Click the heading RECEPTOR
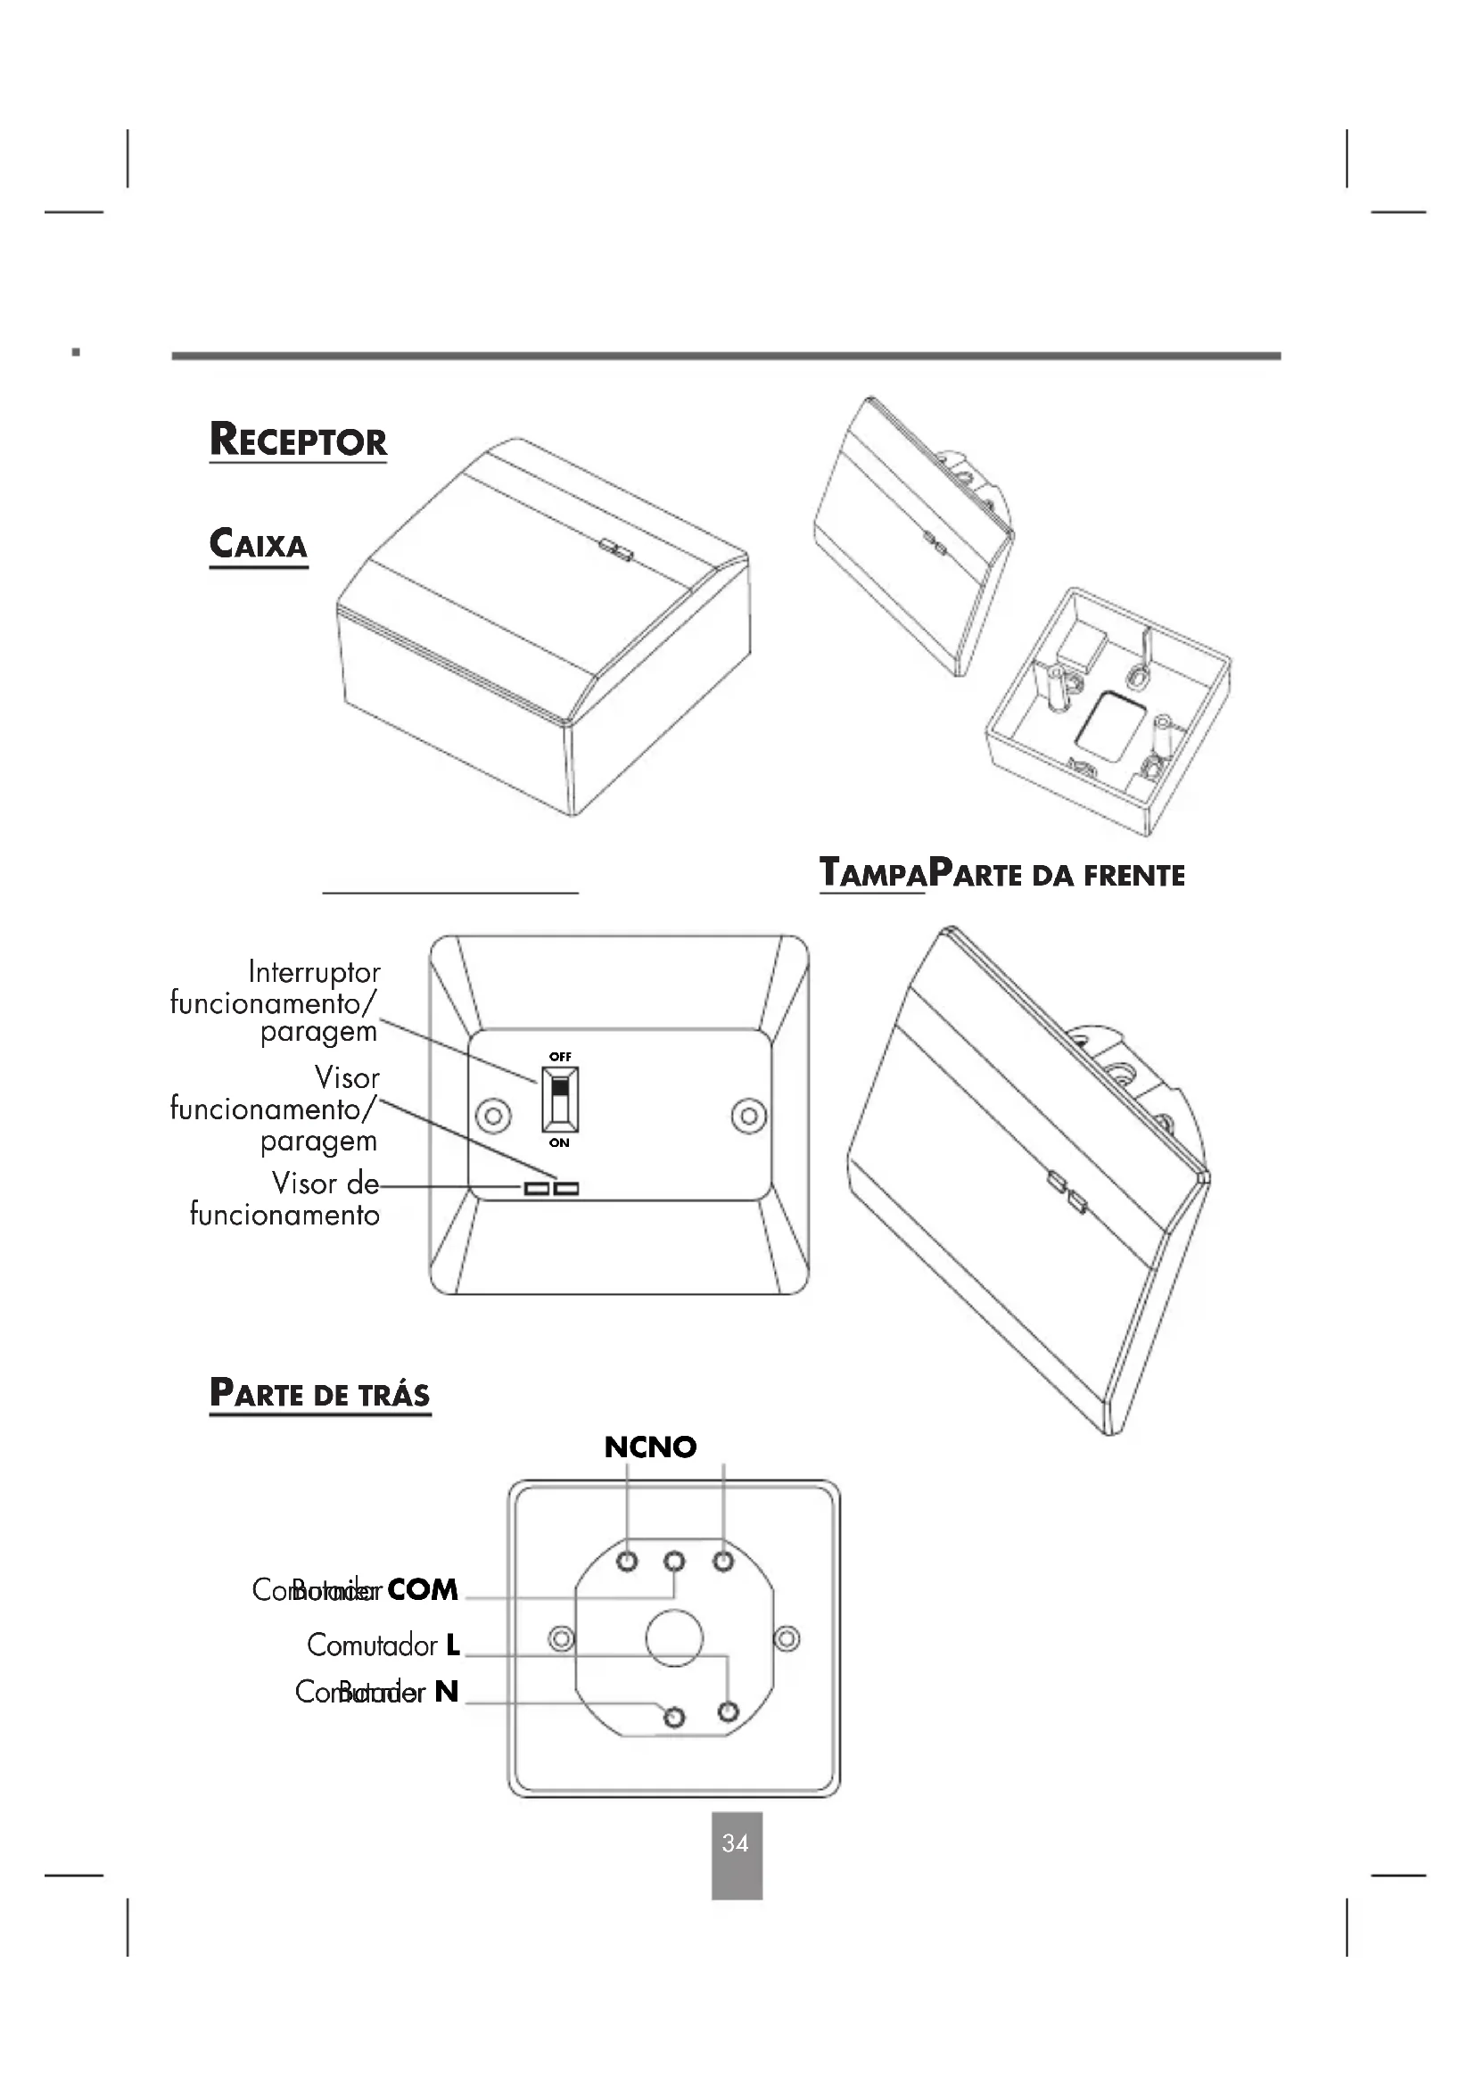(298, 440)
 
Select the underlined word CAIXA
(259, 545)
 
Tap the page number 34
(736, 1843)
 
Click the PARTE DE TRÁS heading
(320, 1394)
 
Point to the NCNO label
(650, 1447)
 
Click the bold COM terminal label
(423, 1589)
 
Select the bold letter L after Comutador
(452, 1645)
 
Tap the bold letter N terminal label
(446, 1691)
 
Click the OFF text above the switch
(560, 1057)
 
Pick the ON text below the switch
(559, 1143)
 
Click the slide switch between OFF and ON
(560, 1099)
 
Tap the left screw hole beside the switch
(493, 1115)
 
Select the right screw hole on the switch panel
(749, 1115)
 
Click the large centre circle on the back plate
(674, 1638)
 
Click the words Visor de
(325, 1183)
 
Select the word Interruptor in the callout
(314, 972)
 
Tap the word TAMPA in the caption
(873, 874)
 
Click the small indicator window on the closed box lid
(616, 548)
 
